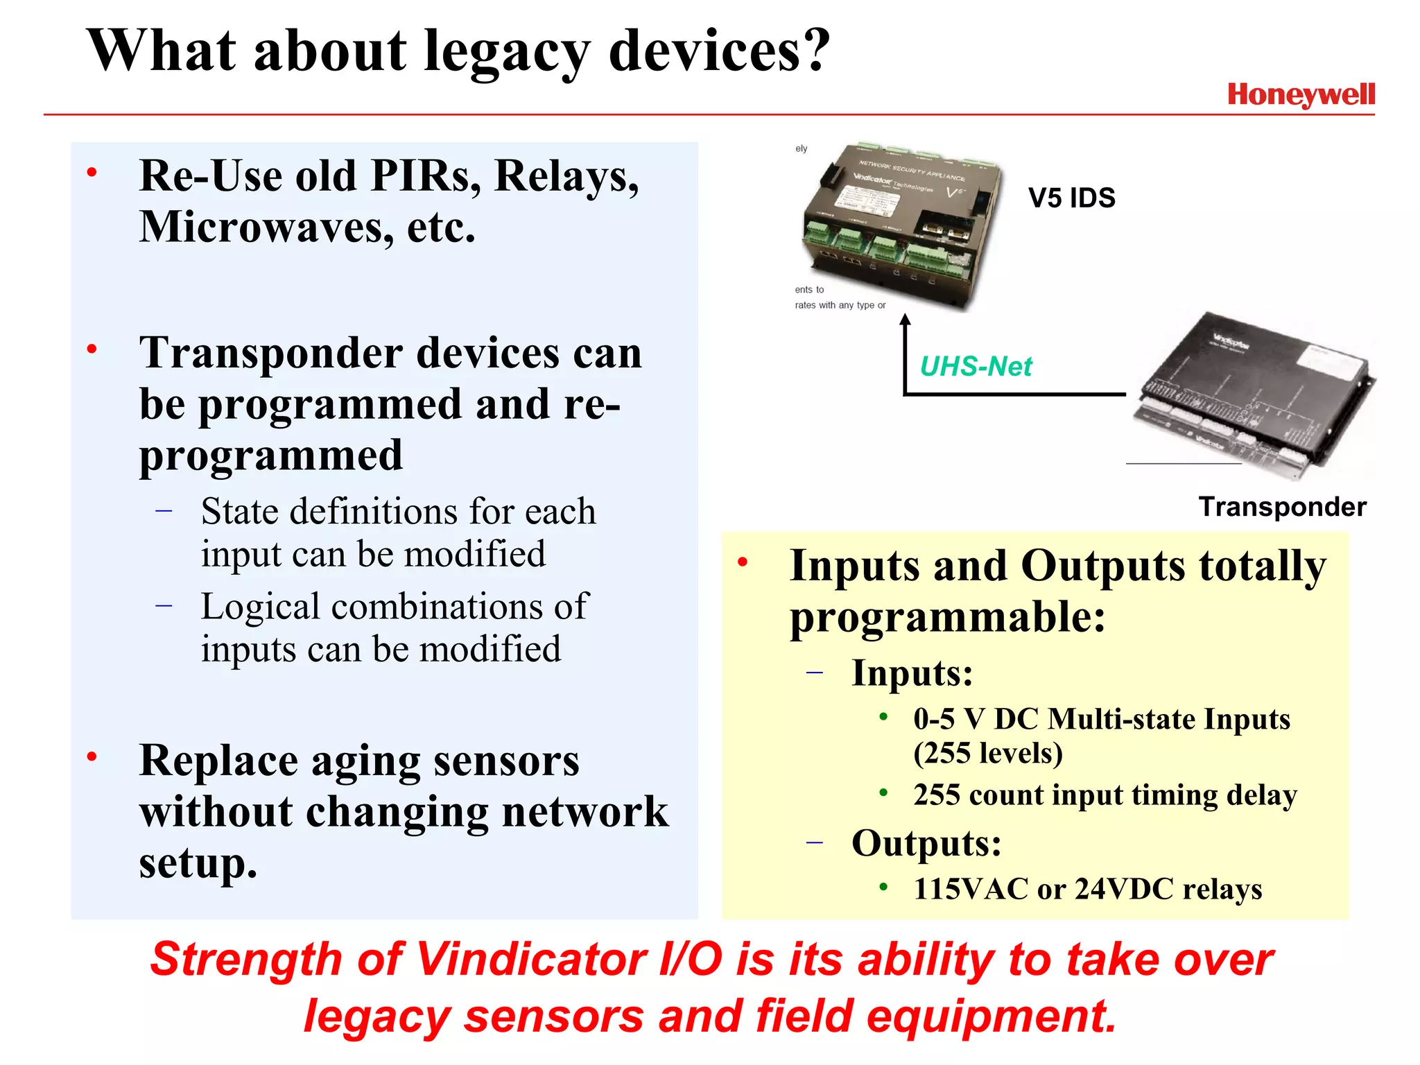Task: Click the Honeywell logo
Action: point(1301,95)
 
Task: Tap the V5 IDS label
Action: point(1071,198)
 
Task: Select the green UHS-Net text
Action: point(976,366)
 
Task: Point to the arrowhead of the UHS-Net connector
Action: point(905,320)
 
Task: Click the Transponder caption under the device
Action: point(1282,507)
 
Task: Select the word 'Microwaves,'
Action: point(266,227)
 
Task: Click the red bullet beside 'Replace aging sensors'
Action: point(92,756)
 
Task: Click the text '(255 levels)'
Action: point(988,754)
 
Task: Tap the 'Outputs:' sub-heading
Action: point(926,843)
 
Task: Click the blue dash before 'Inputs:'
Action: point(815,672)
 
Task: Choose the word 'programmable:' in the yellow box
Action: point(947,617)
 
